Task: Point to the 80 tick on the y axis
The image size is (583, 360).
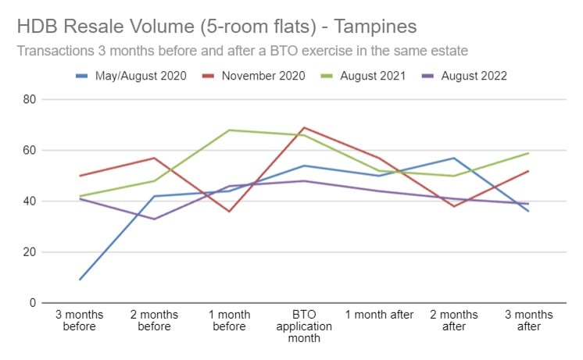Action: click(30, 100)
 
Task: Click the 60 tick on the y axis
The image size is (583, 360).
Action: click(30, 151)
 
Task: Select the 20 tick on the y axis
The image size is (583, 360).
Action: click(30, 252)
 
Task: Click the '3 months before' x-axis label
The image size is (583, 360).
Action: click(78, 320)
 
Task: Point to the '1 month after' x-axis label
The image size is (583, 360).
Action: click(379, 315)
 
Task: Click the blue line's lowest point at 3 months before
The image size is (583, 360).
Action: click(79, 280)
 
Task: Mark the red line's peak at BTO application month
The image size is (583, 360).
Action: click(304, 128)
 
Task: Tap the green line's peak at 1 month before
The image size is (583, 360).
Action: click(229, 130)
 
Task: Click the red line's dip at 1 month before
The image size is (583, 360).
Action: click(229, 212)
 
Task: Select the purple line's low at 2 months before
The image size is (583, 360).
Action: click(154, 219)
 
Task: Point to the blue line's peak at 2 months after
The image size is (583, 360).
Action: click(453, 158)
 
